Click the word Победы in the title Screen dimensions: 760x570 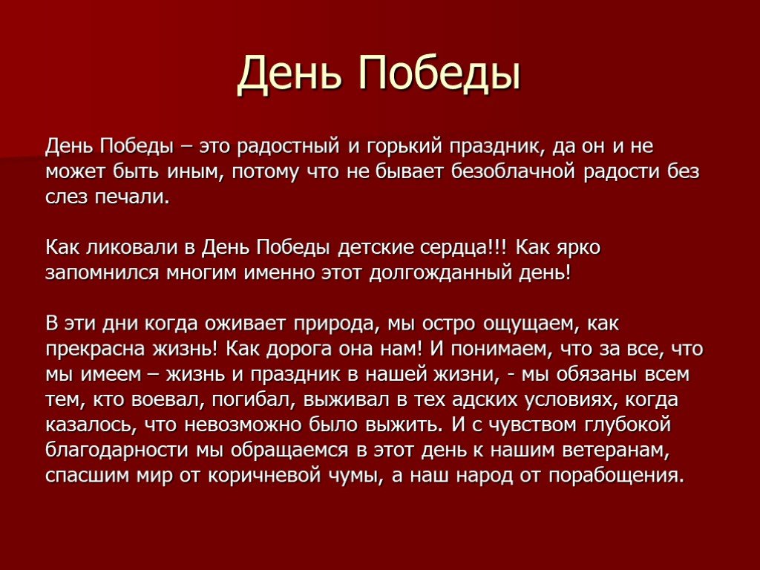tap(439, 73)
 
